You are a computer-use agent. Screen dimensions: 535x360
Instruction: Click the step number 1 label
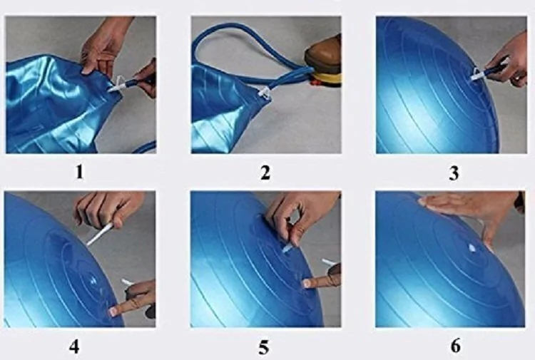pyautogui.click(x=79, y=172)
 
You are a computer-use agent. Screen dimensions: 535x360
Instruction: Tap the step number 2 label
pyautogui.click(x=265, y=173)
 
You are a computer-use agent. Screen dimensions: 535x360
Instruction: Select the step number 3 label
pyautogui.click(x=454, y=173)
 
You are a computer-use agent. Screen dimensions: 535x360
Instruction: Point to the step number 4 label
pyautogui.click(x=74, y=346)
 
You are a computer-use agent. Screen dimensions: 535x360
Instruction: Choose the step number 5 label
pyautogui.click(x=263, y=347)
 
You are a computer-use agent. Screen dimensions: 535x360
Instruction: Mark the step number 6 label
pyautogui.click(x=456, y=345)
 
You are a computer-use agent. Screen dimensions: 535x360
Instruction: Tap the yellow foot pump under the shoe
pyautogui.click(x=326, y=78)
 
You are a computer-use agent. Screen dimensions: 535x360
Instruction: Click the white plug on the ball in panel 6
pyautogui.click(x=472, y=249)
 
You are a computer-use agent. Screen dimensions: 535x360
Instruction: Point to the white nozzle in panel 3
pyautogui.click(x=477, y=75)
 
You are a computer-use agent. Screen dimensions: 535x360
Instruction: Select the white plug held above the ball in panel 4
pyautogui.click(x=99, y=234)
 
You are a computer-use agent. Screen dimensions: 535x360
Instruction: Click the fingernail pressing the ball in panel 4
pyautogui.click(x=113, y=312)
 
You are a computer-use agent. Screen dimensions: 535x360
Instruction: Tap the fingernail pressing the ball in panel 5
pyautogui.click(x=307, y=283)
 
